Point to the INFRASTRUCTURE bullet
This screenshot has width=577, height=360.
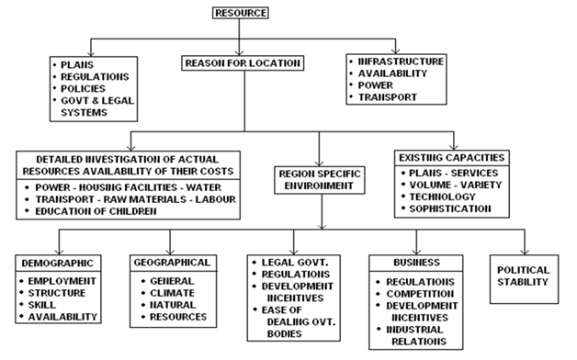click(401, 62)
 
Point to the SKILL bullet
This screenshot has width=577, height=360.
click(46, 304)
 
